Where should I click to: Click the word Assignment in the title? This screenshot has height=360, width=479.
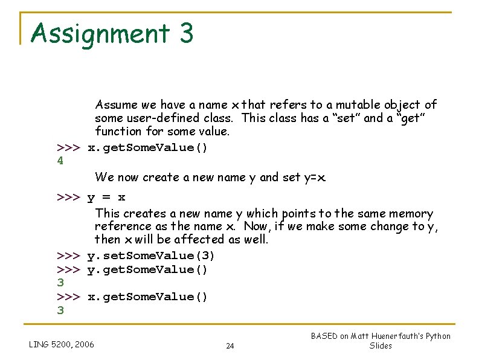pyautogui.click(x=100, y=33)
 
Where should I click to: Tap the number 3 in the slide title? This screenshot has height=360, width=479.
pyautogui.click(x=186, y=33)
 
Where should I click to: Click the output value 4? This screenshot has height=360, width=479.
pyautogui.click(x=60, y=161)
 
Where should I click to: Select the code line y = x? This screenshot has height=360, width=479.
pyautogui.click(x=106, y=198)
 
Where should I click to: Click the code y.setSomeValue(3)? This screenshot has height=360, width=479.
pyautogui.click(x=151, y=256)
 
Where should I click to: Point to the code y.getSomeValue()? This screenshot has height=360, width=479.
pyautogui.click(x=147, y=269)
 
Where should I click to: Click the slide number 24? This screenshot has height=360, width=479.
pyautogui.click(x=230, y=346)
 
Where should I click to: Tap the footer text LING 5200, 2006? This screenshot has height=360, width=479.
pyautogui.click(x=62, y=344)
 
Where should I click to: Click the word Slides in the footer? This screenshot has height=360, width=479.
pyautogui.click(x=381, y=346)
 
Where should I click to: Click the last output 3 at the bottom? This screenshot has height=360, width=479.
pyautogui.click(x=60, y=310)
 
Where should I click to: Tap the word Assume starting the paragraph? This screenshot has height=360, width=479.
pyautogui.click(x=115, y=105)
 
